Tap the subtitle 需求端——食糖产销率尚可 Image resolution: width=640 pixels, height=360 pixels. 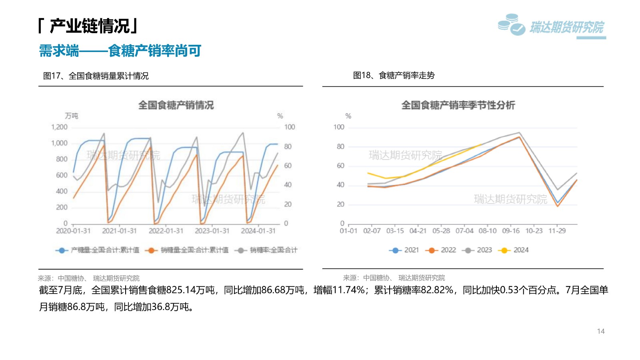[120, 51]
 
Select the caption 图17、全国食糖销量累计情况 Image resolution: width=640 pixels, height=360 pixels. [96, 76]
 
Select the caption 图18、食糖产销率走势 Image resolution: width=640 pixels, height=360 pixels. [394, 75]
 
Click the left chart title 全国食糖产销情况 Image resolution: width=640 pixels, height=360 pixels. [176, 105]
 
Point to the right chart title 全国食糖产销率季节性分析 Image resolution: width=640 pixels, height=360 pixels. [458, 105]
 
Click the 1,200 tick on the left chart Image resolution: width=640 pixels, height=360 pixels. [59, 127]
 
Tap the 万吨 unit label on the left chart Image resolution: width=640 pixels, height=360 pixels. [72, 116]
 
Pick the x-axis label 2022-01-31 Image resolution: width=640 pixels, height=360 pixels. [166, 231]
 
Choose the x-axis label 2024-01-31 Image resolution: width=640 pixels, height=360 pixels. [258, 231]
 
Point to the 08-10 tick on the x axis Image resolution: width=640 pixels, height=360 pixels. [487, 231]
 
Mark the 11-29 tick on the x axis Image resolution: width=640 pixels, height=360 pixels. [557, 231]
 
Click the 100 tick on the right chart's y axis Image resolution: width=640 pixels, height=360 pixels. [339, 127]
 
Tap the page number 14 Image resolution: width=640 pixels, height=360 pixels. [600, 331]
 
